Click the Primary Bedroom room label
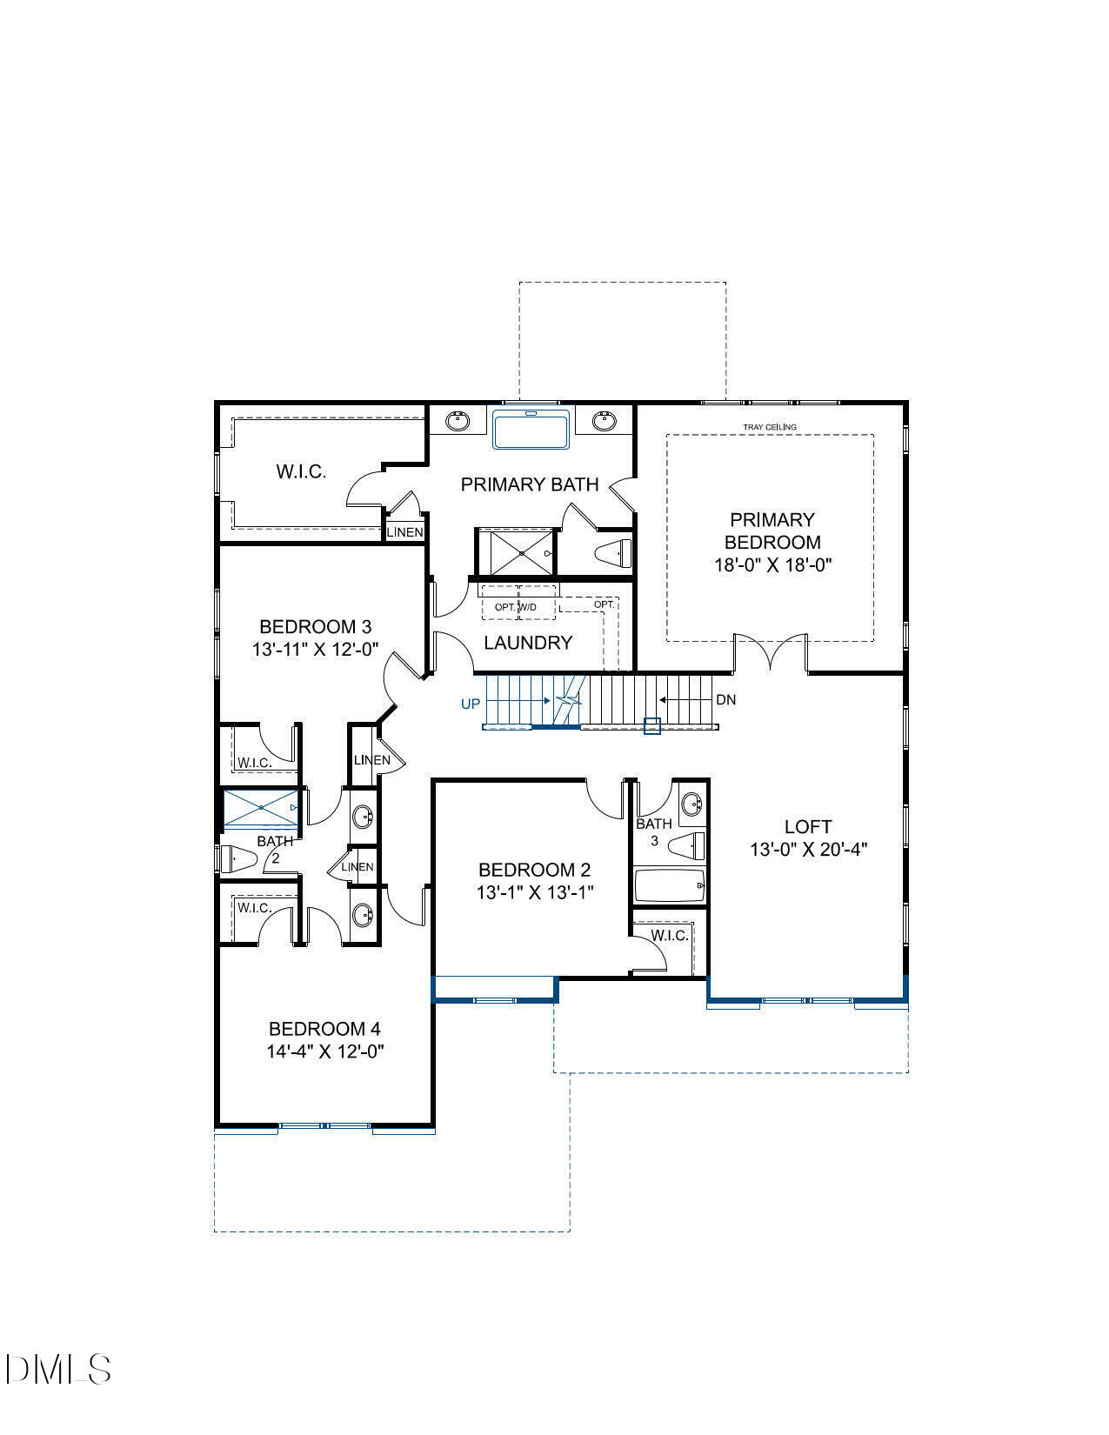(772, 531)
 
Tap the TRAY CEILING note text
(770, 427)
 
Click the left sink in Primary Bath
(458, 422)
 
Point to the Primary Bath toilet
(613, 552)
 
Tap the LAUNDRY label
(528, 643)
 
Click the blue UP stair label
(470, 704)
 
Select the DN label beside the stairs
(725, 699)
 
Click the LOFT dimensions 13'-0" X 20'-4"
(809, 850)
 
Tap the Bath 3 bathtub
(669, 886)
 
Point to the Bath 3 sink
(691, 803)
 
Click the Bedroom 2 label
(534, 870)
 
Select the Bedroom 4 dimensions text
(325, 1051)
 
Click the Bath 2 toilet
(237, 859)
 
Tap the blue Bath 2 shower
(261, 809)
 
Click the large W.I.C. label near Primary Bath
(301, 472)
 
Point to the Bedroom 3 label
(316, 627)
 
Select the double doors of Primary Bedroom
(771, 651)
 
